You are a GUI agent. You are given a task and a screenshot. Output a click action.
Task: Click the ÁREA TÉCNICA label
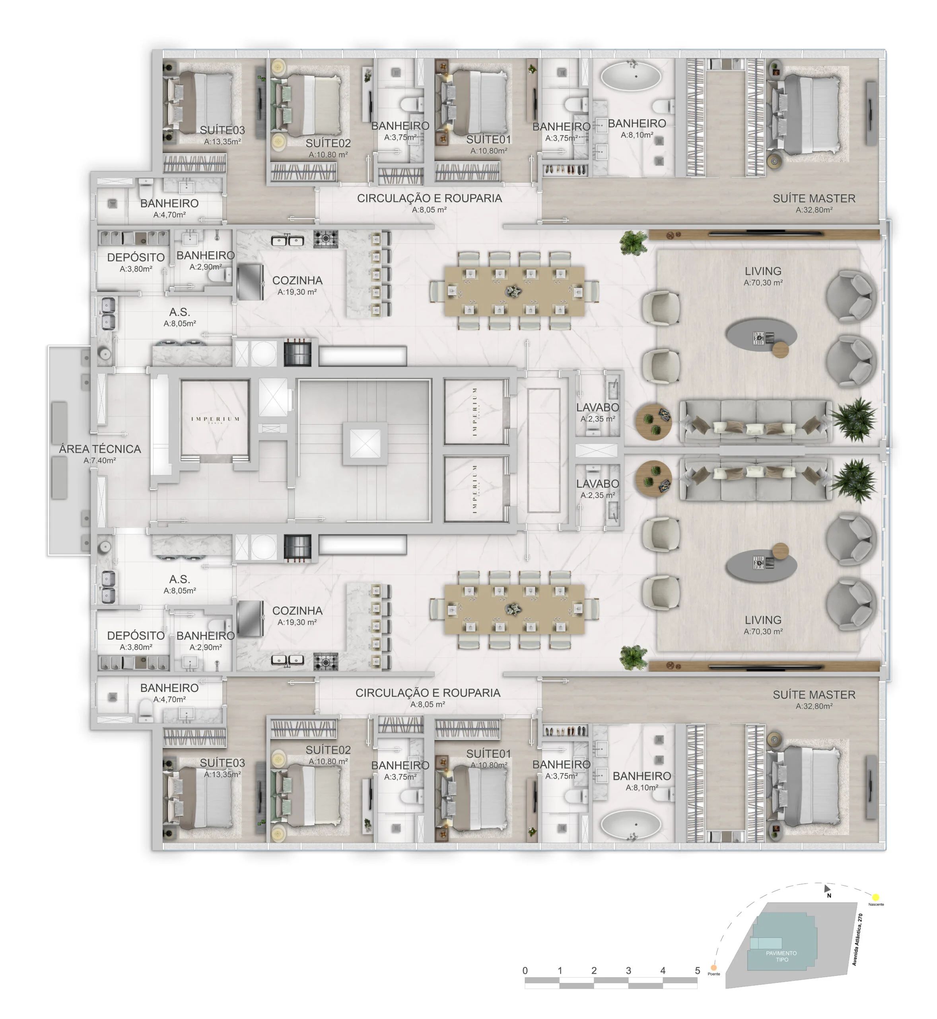tap(100, 449)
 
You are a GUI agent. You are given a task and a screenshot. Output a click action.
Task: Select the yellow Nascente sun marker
tap(876, 897)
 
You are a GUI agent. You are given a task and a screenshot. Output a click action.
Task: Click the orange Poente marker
tap(714, 968)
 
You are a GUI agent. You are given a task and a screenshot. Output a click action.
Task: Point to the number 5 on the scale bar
tap(697, 970)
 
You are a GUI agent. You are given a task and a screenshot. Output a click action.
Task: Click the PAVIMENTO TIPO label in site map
tap(781, 956)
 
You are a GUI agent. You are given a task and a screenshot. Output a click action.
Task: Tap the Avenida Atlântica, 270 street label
tap(857, 939)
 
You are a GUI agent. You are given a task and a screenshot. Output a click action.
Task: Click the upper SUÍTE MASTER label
tap(814, 198)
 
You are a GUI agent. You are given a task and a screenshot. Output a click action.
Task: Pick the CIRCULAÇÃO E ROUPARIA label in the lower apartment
tap(428, 693)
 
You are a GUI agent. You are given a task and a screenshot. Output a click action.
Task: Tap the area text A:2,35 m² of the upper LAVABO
tap(598, 419)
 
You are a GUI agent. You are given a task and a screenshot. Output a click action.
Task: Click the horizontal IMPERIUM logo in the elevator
tap(216, 419)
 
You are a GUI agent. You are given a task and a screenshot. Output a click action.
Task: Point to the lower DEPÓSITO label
tap(135, 635)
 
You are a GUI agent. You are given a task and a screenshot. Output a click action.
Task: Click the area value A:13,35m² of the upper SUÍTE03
tap(222, 142)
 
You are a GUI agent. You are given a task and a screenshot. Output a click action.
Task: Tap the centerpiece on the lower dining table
tap(513, 609)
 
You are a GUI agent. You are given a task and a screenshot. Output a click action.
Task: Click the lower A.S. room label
tap(179, 579)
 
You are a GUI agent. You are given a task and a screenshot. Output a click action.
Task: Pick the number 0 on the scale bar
tap(525, 970)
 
